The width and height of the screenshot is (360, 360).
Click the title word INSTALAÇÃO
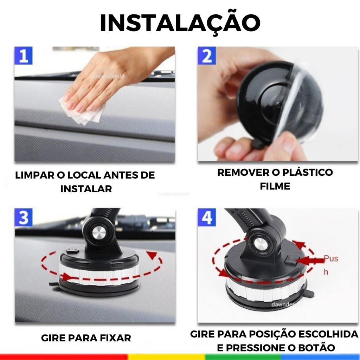[x=180, y=23]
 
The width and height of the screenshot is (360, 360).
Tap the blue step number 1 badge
[x=24, y=56]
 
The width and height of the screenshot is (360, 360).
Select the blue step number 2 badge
[x=207, y=56]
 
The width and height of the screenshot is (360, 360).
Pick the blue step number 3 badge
[x=24, y=217]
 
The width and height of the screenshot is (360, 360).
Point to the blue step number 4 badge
[x=207, y=217]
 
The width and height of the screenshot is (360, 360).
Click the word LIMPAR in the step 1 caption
[x=34, y=175]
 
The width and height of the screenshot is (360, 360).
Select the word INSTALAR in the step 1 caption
[x=86, y=189]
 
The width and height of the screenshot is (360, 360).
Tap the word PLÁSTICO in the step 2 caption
[x=307, y=172]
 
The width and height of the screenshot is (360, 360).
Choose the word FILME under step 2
[x=275, y=186]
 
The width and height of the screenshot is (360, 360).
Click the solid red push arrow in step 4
[x=311, y=261]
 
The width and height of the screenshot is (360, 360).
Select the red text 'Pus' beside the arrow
[x=331, y=258]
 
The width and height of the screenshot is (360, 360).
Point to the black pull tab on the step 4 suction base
[x=310, y=293]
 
